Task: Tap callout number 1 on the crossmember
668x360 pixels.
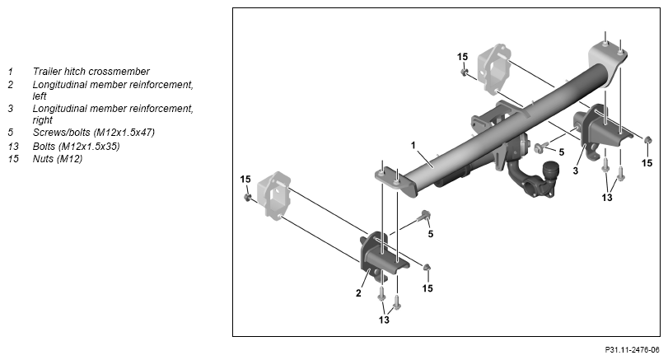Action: [413, 145]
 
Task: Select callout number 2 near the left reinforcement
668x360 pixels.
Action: [358, 293]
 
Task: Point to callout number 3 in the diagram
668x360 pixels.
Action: [576, 171]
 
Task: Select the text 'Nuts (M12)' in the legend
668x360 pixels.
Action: [58, 159]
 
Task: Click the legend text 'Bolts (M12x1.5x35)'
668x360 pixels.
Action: [77, 146]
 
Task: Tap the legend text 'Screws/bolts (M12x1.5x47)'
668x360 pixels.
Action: [94, 132]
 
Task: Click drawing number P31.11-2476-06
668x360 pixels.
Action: [632, 350]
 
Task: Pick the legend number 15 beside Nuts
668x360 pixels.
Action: [13, 159]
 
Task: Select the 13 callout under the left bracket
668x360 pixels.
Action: [384, 320]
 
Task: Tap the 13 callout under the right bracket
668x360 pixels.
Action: [607, 197]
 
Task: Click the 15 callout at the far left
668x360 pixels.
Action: [245, 180]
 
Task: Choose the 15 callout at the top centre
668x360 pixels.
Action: [462, 57]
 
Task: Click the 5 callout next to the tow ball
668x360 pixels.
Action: [562, 152]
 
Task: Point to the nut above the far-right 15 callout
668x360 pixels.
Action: [647, 140]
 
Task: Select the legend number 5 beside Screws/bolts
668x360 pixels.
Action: [11, 132]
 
